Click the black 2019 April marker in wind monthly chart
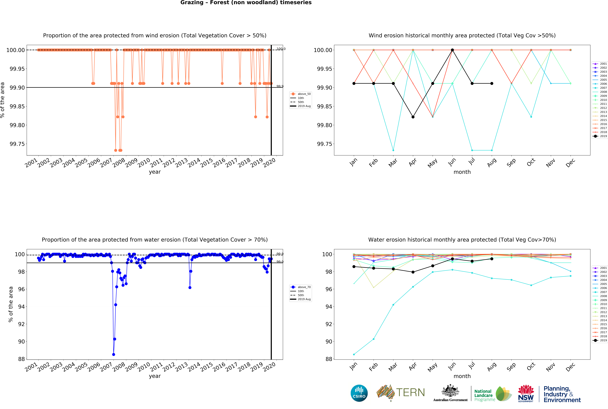413,117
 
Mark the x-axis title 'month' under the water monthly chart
462,376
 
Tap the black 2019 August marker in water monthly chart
492,259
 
